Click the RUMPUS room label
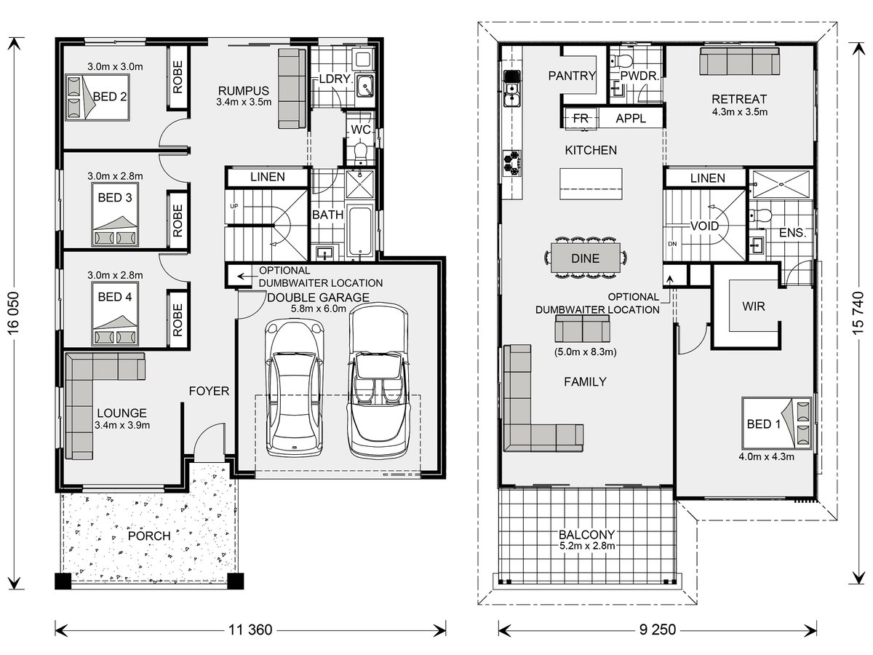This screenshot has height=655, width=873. tap(244, 91)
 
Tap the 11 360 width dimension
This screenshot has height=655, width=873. tap(250, 630)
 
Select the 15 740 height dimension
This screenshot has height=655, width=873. tap(858, 314)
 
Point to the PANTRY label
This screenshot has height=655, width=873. tap(572, 76)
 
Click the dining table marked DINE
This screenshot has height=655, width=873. tap(585, 258)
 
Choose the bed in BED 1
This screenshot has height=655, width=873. tap(776, 423)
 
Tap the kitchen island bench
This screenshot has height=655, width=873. tap(591, 183)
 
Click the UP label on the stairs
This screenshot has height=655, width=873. tap(234, 206)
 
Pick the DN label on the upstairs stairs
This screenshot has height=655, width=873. tap(672, 244)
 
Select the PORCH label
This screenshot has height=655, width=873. tap(149, 536)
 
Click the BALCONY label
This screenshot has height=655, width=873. tap(587, 534)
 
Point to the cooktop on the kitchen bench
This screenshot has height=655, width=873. tap(512, 163)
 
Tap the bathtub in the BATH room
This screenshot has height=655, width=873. tap(360, 231)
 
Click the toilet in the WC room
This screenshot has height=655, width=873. tap(361, 153)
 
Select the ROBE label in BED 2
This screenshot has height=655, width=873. tap(178, 77)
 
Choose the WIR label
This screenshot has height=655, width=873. tap(753, 306)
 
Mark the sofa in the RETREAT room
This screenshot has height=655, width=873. tap(739, 61)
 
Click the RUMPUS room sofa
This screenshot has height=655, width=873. tap(292, 88)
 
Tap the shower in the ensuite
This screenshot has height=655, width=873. tap(781, 185)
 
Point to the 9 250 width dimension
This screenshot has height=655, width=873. tap(658, 630)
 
